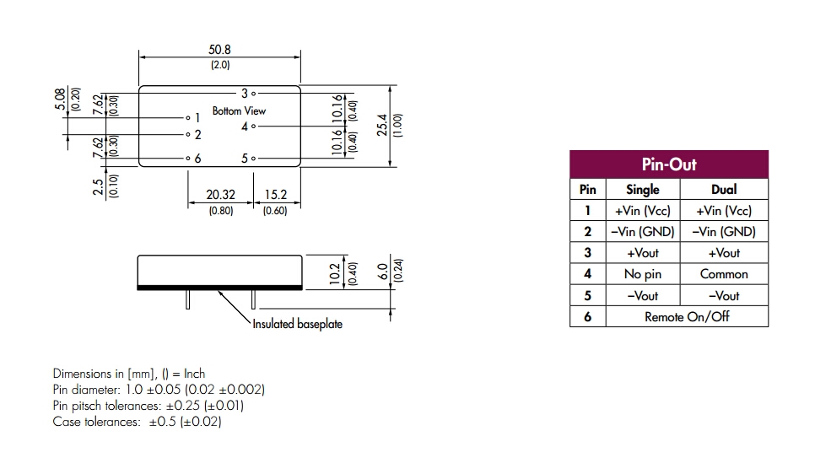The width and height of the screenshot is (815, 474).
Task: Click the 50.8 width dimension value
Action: [219, 50]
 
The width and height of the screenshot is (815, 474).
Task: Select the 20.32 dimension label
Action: [220, 195]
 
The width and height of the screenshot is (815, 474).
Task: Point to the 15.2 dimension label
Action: [276, 195]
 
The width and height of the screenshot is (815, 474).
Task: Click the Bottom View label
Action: [239, 110]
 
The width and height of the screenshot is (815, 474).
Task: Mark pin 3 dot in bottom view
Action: [253, 94]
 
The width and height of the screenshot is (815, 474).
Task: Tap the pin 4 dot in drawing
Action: [253, 127]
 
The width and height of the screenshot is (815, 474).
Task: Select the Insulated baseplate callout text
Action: [298, 324]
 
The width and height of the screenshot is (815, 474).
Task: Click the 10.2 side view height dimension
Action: [334, 272]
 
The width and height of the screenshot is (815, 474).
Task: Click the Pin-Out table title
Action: [669, 164]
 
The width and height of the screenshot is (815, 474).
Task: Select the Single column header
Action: [643, 190]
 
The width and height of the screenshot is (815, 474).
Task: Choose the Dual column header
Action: [724, 190]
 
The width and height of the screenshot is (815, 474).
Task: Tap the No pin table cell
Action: [643, 274]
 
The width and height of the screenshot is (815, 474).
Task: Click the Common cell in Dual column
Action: [724, 274]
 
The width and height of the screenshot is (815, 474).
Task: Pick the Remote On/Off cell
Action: [687, 317]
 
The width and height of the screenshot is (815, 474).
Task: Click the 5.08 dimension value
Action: [60, 99]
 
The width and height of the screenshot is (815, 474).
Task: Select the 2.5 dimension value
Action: [99, 185]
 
